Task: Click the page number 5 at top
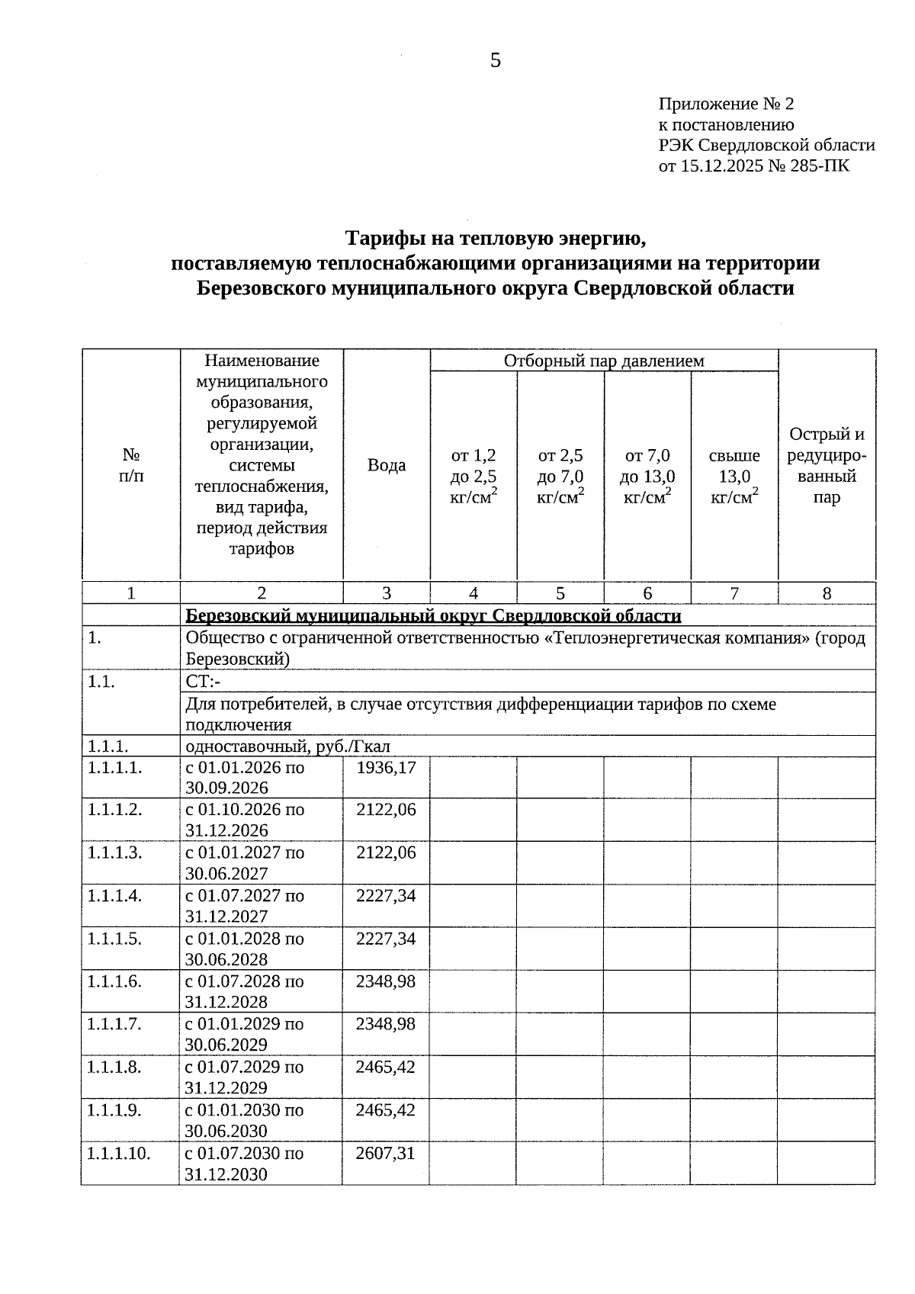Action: (x=495, y=61)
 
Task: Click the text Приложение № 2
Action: (x=725, y=104)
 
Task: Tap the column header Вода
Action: (x=387, y=465)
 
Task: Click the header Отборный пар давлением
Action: (x=604, y=361)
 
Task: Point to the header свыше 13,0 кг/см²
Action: (x=734, y=477)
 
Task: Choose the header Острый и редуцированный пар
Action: (x=827, y=466)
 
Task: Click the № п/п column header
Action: (x=131, y=465)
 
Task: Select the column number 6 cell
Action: (x=647, y=593)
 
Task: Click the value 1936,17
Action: (x=387, y=768)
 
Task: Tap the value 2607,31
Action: (x=386, y=1154)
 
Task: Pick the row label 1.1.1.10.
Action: (x=119, y=1154)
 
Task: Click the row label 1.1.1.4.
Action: (x=115, y=896)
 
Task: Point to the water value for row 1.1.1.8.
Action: (x=386, y=1068)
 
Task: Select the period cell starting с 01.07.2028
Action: (x=245, y=991)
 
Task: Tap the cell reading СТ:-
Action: (x=203, y=682)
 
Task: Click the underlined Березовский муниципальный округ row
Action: (x=433, y=615)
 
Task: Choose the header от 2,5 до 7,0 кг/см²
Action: (x=560, y=477)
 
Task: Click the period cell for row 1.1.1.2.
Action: (x=245, y=820)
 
